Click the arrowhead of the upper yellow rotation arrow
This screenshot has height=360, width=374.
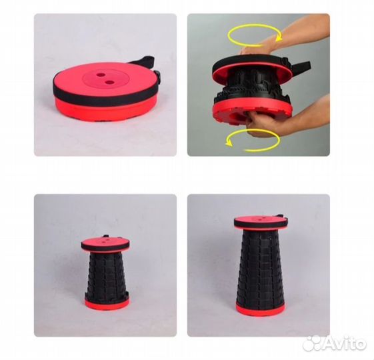[x=279, y=38]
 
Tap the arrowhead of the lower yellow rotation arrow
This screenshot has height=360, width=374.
[x=229, y=143]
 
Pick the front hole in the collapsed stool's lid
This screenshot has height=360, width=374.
[x=109, y=82]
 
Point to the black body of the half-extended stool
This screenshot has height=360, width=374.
[x=106, y=275]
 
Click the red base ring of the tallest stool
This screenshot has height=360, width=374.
[x=260, y=308]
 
